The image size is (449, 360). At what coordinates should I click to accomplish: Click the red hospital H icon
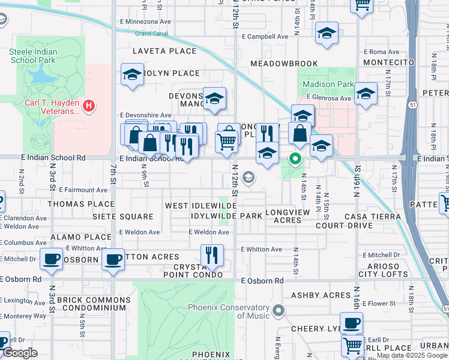[x=89, y=106]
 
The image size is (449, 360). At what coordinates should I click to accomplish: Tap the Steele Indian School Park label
[x=34, y=56]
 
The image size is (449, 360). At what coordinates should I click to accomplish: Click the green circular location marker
[x=295, y=159]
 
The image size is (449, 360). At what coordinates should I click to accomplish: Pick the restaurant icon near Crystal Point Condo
[x=212, y=255]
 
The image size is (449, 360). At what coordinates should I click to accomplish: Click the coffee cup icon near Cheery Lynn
[x=352, y=323]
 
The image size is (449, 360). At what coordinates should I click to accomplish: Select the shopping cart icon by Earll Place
[x=353, y=346]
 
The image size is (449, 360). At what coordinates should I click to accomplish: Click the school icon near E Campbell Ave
[x=327, y=34]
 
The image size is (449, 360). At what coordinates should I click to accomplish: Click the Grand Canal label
[x=151, y=34]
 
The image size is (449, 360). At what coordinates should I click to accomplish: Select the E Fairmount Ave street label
[x=80, y=190]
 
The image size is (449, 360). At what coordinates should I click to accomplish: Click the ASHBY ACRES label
[x=321, y=295]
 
